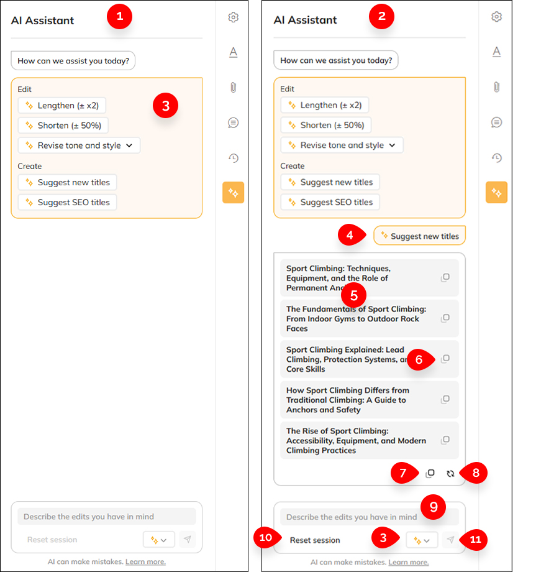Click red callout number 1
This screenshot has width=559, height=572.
(119, 17)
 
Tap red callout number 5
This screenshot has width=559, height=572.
(353, 295)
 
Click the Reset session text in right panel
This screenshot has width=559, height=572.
(315, 540)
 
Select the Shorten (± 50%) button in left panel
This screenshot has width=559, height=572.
(63, 125)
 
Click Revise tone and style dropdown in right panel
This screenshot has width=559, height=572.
(342, 145)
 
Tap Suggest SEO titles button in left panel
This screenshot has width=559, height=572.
(67, 202)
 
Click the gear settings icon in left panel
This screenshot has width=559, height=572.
(233, 17)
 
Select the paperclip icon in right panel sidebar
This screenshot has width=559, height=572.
(496, 87)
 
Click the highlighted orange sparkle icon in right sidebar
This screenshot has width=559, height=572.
(496, 193)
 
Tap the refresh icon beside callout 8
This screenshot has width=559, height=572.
(450, 473)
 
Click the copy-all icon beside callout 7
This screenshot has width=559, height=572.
(430, 473)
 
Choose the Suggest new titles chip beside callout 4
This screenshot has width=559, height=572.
(419, 236)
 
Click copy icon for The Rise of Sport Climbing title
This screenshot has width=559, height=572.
(445, 440)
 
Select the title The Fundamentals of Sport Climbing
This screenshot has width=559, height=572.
(357, 318)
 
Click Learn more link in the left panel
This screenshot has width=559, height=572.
(145, 561)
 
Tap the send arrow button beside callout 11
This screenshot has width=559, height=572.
(450, 540)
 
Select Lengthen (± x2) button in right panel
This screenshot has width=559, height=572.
(325, 105)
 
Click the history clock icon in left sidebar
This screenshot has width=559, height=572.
(233, 158)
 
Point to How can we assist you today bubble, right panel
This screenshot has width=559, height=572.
(335, 60)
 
